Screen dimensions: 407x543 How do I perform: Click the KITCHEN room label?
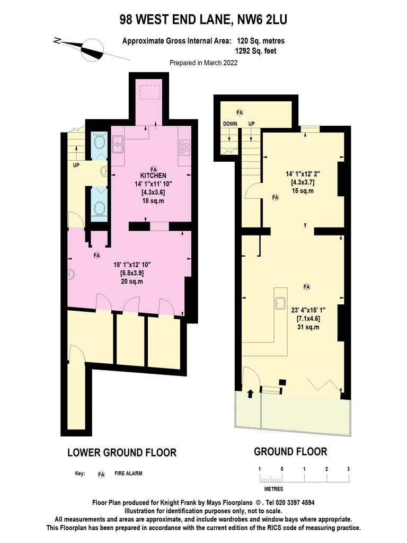(x=153, y=176)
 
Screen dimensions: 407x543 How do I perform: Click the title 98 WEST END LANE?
(x=175, y=20)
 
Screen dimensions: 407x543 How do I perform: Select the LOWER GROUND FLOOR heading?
(x=122, y=453)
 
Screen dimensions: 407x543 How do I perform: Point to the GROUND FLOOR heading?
(x=290, y=452)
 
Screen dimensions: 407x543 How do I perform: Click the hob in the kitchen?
(x=184, y=147)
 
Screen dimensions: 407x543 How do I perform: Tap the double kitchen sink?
(x=118, y=145)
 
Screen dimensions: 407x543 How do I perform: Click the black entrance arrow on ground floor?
(x=250, y=393)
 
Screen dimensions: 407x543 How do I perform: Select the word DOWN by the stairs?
(x=230, y=124)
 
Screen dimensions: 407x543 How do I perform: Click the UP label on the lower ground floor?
(x=76, y=165)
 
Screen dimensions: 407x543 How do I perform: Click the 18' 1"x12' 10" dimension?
(x=132, y=265)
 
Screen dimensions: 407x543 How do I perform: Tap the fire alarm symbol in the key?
(x=101, y=474)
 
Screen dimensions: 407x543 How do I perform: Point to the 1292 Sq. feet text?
(x=256, y=51)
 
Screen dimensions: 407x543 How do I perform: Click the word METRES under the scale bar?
(x=274, y=489)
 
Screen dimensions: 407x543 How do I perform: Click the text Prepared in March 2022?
(x=203, y=63)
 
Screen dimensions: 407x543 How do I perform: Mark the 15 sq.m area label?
(x=303, y=191)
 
